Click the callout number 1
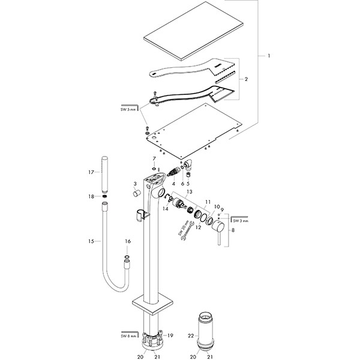[x=269, y=56]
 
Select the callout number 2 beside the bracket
[x=246, y=79]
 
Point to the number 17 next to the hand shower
[x=91, y=172]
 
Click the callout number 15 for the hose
[x=91, y=241]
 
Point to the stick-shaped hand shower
[x=105, y=173]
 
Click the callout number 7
[x=154, y=159]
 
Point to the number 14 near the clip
[x=166, y=208]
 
